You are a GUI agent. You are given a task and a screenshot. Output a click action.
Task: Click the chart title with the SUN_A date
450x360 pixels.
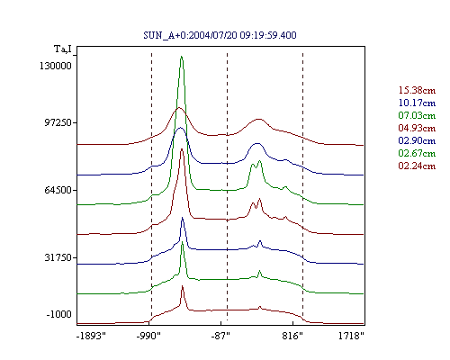pos(220,35)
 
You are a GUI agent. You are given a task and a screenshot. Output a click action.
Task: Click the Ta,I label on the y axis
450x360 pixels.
pos(63,49)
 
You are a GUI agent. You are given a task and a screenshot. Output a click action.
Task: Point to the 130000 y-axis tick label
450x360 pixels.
pos(56,66)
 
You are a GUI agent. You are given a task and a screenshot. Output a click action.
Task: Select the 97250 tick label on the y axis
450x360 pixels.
pos(58,122)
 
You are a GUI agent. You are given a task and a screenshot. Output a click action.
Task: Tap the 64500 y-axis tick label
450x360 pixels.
pos(58,190)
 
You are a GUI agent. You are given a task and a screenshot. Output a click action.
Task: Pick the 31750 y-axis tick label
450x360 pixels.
pos(58,257)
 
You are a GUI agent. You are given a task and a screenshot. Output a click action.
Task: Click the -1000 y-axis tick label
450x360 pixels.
pos(59,314)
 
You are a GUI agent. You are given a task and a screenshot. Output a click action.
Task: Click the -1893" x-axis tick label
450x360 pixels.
pos(91,336)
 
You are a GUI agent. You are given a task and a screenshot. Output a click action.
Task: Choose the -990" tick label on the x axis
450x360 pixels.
pos(148,336)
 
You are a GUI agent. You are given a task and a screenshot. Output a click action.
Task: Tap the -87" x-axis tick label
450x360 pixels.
pos(220,336)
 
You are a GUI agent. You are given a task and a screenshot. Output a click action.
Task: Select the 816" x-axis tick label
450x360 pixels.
pos(292,336)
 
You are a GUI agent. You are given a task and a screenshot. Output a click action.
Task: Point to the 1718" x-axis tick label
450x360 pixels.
pos(351,336)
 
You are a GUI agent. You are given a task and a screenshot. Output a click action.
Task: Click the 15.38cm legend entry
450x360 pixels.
pos(417,90)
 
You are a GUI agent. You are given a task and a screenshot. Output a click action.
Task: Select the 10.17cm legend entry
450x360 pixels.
pos(417,103)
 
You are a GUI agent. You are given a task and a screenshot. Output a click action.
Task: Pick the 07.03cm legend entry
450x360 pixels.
pos(417,115)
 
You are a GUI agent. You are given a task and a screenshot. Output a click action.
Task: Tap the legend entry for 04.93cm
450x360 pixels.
pos(417,128)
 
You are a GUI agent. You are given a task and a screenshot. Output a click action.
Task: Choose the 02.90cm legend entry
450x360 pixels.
pos(417,140)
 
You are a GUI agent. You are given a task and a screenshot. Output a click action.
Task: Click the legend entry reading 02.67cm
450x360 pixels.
pos(417,153)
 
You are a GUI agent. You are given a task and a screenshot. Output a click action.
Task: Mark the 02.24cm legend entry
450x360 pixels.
pos(417,166)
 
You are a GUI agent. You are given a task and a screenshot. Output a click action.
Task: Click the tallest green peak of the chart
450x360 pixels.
pos(181,57)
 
